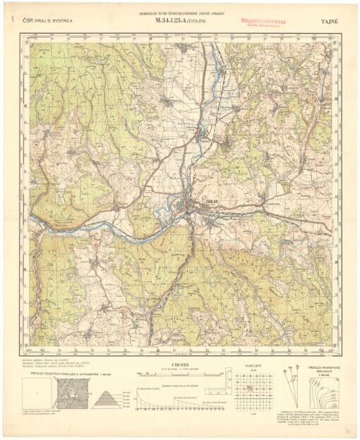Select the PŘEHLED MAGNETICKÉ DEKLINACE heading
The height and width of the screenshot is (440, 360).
tap(323, 370)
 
